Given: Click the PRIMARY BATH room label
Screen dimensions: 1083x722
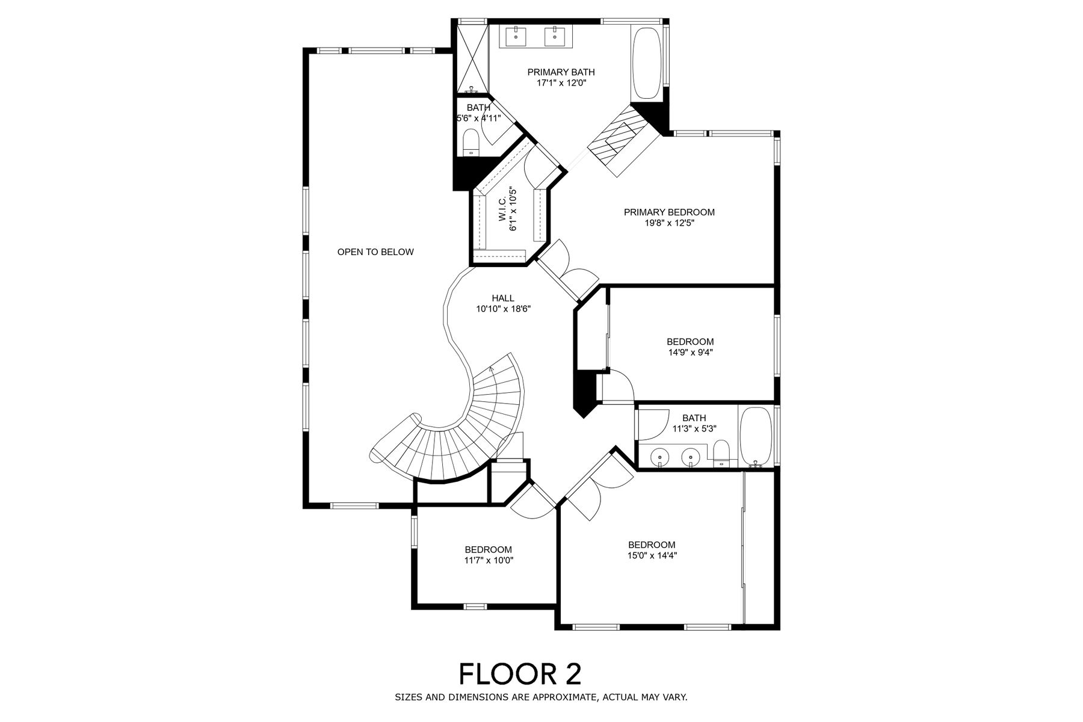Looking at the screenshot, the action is pyautogui.click(x=561, y=72).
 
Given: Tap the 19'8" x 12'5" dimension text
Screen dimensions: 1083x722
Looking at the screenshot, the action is pyautogui.click(x=669, y=223).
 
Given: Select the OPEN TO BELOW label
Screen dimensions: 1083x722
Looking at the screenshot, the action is pyautogui.click(x=375, y=252).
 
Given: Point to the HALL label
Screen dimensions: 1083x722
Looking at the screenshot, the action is pyautogui.click(x=503, y=298).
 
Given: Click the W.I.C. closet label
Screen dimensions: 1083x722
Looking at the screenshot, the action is pyautogui.click(x=502, y=208).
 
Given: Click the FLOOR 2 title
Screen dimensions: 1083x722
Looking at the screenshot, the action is pyautogui.click(x=520, y=674).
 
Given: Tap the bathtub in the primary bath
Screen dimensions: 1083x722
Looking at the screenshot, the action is pyautogui.click(x=647, y=63).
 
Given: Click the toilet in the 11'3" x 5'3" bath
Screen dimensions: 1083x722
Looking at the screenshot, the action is pyautogui.click(x=720, y=454).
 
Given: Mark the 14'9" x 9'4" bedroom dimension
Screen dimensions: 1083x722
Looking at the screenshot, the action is pyautogui.click(x=690, y=353).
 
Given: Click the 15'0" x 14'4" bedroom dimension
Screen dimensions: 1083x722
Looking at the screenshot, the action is pyautogui.click(x=652, y=556).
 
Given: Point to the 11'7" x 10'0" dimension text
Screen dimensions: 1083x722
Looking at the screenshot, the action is pyautogui.click(x=489, y=560).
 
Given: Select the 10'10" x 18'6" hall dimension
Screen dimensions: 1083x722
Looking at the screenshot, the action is pyautogui.click(x=503, y=309).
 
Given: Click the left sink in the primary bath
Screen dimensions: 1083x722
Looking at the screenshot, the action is pyautogui.click(x=517, y=35).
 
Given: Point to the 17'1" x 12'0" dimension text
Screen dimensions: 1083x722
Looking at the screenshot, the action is pyautogui.click(x=561, y=83).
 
